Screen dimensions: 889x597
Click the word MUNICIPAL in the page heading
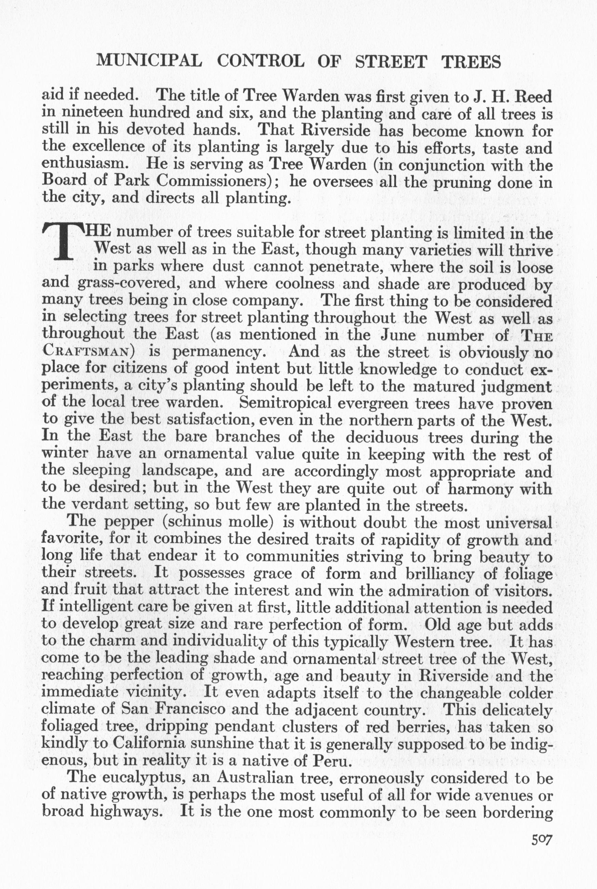tap(149, 61)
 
